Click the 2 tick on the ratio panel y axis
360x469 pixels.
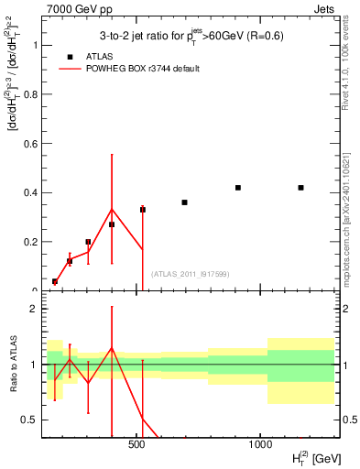[35, 309]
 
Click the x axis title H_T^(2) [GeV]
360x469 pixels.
[306, 456]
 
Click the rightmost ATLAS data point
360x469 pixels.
[300, 188]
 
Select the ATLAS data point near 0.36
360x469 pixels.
[184, 202]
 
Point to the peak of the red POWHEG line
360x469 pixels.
[112, 210]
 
